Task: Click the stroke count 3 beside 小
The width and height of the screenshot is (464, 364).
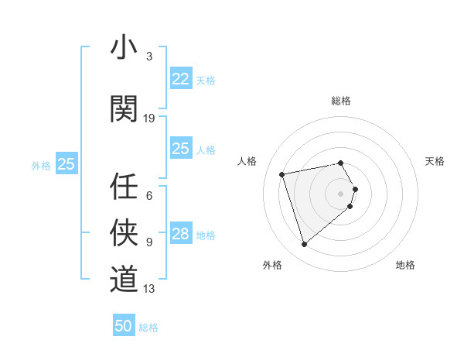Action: tap(149, 57)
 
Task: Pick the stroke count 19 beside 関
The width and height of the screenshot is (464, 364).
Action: tap(149, 118)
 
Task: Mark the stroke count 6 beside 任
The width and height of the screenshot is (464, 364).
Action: tap(149, 195)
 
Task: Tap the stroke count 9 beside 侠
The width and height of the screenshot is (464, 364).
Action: tap(149, 242)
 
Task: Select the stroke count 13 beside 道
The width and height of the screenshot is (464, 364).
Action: tap(149, 289)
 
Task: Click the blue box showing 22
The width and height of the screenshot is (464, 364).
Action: tap(180, 79)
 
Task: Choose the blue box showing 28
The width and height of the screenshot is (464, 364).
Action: tap(180, 234)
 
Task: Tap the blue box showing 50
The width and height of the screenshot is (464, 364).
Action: tap(124, 326)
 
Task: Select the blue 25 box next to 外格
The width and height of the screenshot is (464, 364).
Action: tap(67, 163)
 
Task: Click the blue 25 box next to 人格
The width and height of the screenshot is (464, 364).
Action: tap(180, 149)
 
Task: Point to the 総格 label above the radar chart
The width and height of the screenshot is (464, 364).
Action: tap(340, 101)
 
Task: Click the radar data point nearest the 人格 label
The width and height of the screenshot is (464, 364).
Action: tap(282, 173)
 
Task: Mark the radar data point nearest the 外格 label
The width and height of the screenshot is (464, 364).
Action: tap(304, 245)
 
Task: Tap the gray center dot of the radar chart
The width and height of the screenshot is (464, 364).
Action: tap(340, 193)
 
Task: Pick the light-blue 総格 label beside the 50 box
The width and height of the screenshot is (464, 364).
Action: tap(148, 328)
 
